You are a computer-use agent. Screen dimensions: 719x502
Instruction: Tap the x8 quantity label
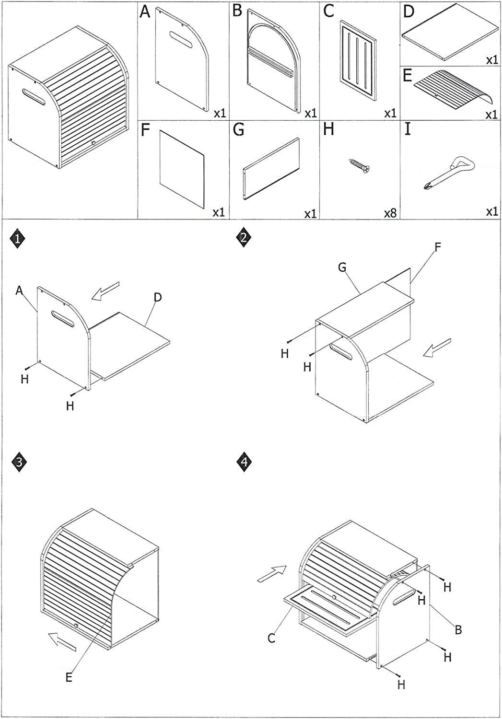(391, 212)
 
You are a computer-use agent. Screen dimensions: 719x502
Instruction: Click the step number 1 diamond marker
(18, 239)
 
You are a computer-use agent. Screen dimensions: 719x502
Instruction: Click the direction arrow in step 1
(105, 291)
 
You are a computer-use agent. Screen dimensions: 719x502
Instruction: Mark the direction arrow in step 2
(437, 347)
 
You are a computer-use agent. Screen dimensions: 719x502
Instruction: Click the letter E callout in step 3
(69, 677)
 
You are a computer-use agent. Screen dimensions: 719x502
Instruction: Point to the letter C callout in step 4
(271, 638)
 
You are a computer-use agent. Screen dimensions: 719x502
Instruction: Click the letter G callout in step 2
(342, 267)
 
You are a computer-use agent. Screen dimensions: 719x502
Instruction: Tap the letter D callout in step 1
(157, 297)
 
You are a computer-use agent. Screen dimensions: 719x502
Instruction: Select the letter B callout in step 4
(458, 629)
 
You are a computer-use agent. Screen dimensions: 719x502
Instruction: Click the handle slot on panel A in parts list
(180, 38)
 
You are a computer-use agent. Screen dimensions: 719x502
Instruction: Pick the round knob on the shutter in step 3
(76, 625)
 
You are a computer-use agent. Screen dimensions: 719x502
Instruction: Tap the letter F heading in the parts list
(146, 130)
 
